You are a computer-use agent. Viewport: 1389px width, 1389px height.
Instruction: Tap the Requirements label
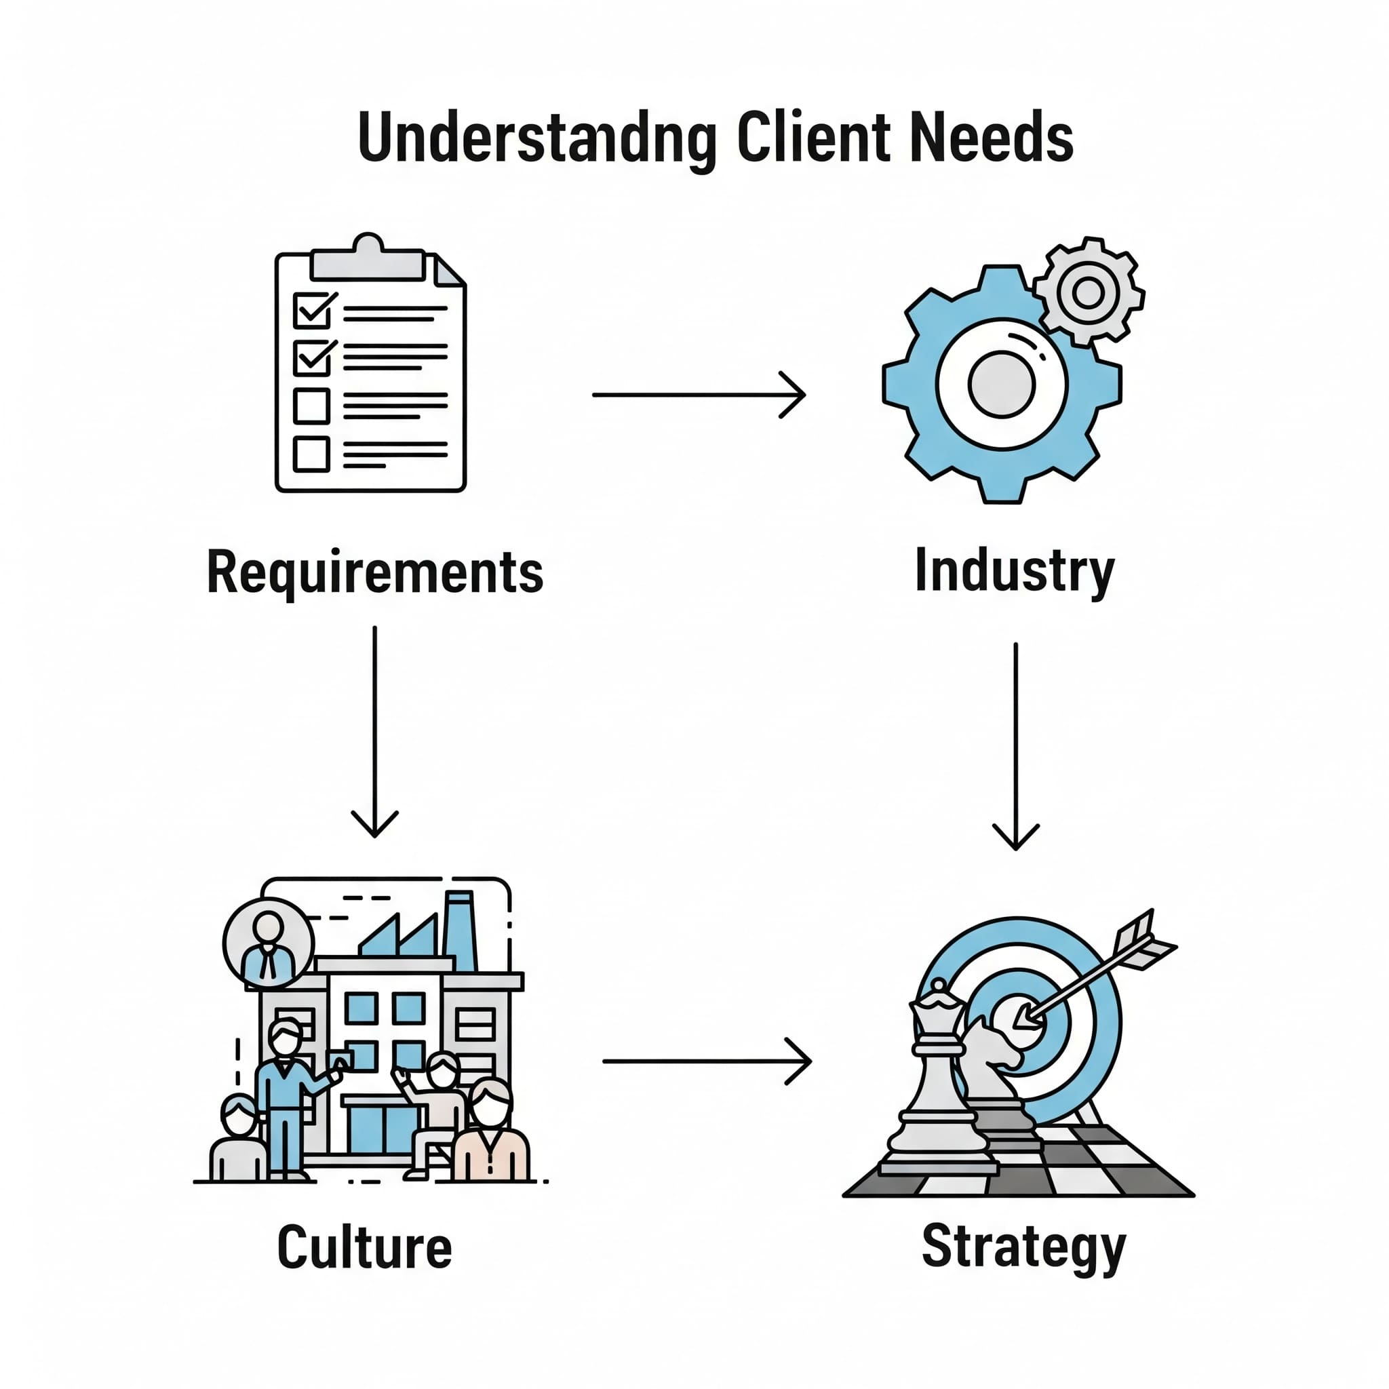(x=374, y=572)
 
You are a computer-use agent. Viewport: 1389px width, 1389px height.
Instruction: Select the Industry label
(x=1014, y=571)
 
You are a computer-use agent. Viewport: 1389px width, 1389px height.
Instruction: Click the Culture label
(x=364, y=1247)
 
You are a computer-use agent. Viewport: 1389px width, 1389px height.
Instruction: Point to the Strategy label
(x=1023, y=1247)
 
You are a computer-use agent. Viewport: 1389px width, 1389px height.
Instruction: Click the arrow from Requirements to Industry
(x=698, y=395)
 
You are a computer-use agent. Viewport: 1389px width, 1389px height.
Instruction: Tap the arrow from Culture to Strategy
(x=706, y=1061)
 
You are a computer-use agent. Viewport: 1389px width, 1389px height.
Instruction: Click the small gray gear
(x=1088, y=292)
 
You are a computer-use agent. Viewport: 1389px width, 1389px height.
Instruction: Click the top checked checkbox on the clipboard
(x=312, y=310)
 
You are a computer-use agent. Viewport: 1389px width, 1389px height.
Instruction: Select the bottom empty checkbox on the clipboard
(x=311, y=454)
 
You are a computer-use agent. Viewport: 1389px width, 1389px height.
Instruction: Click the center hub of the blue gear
(x=1001, y=384)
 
